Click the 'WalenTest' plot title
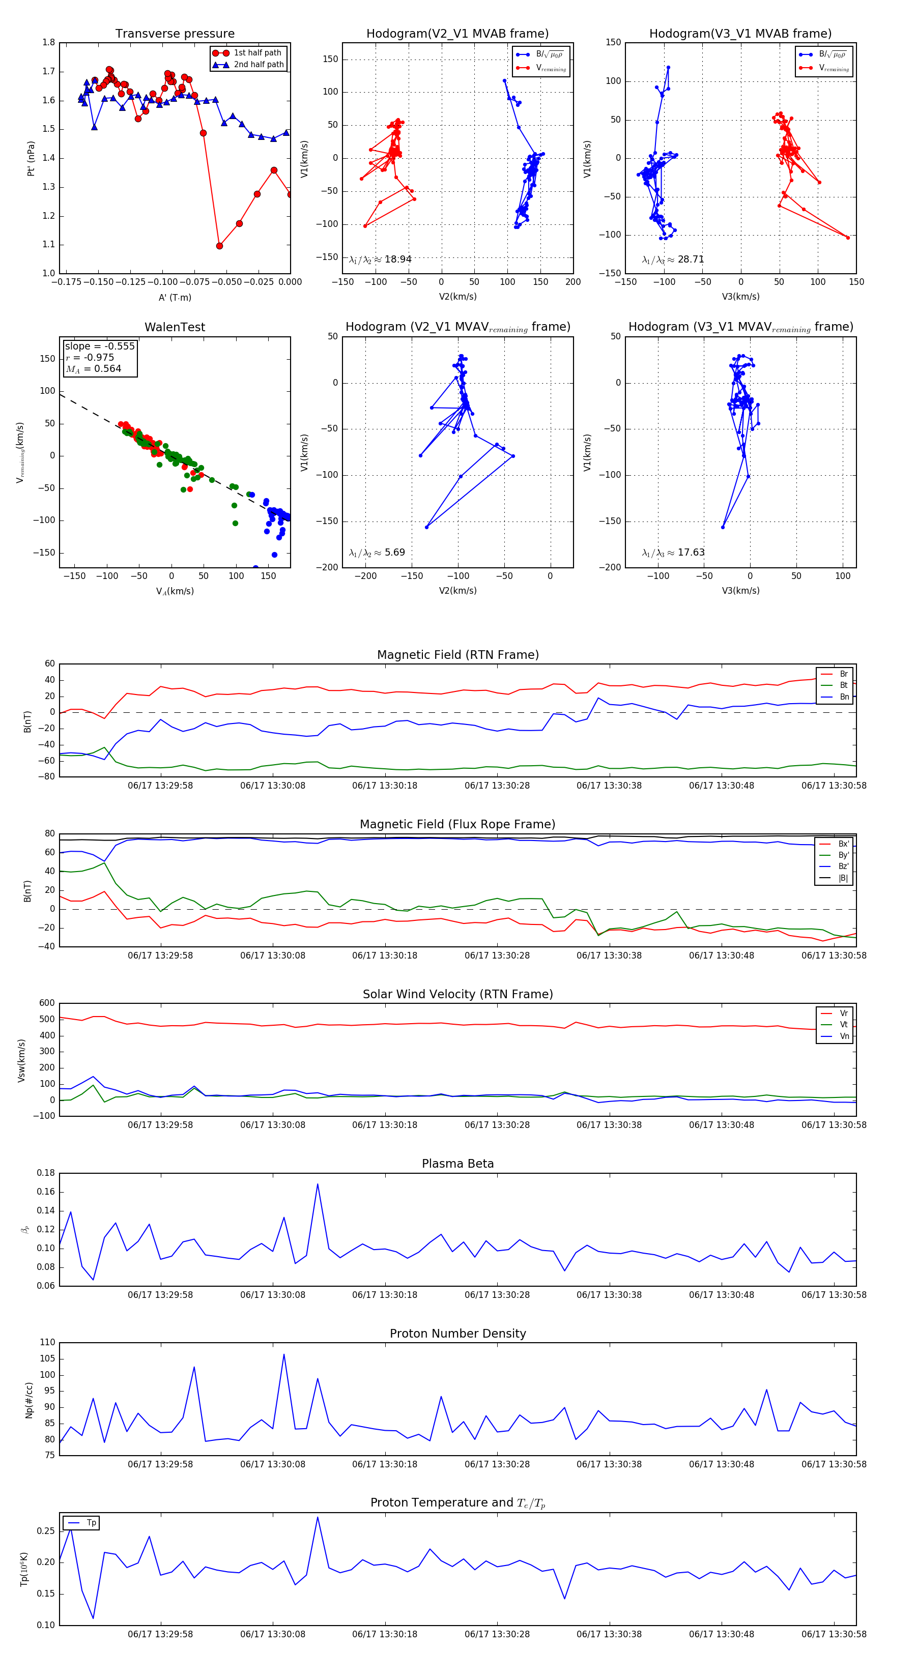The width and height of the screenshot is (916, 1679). pos(175,327)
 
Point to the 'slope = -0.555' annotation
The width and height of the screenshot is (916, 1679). pos(100,346)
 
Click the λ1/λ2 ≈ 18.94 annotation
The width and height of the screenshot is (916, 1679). pos(380,259)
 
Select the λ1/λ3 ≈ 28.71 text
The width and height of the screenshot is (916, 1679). pos(673,259)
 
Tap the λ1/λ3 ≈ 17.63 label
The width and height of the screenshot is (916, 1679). pos(673,553)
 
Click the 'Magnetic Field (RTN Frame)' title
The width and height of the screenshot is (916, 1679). pos(457,655)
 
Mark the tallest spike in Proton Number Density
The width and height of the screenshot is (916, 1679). pos(283,1354)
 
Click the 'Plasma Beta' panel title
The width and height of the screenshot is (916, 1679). pos(457,1164)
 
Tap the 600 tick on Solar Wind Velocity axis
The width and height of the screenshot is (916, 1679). pos(47,1003)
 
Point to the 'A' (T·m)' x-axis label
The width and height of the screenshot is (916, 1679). pos(175,297)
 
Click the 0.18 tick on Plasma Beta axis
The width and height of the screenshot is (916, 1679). pos(46,1173)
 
